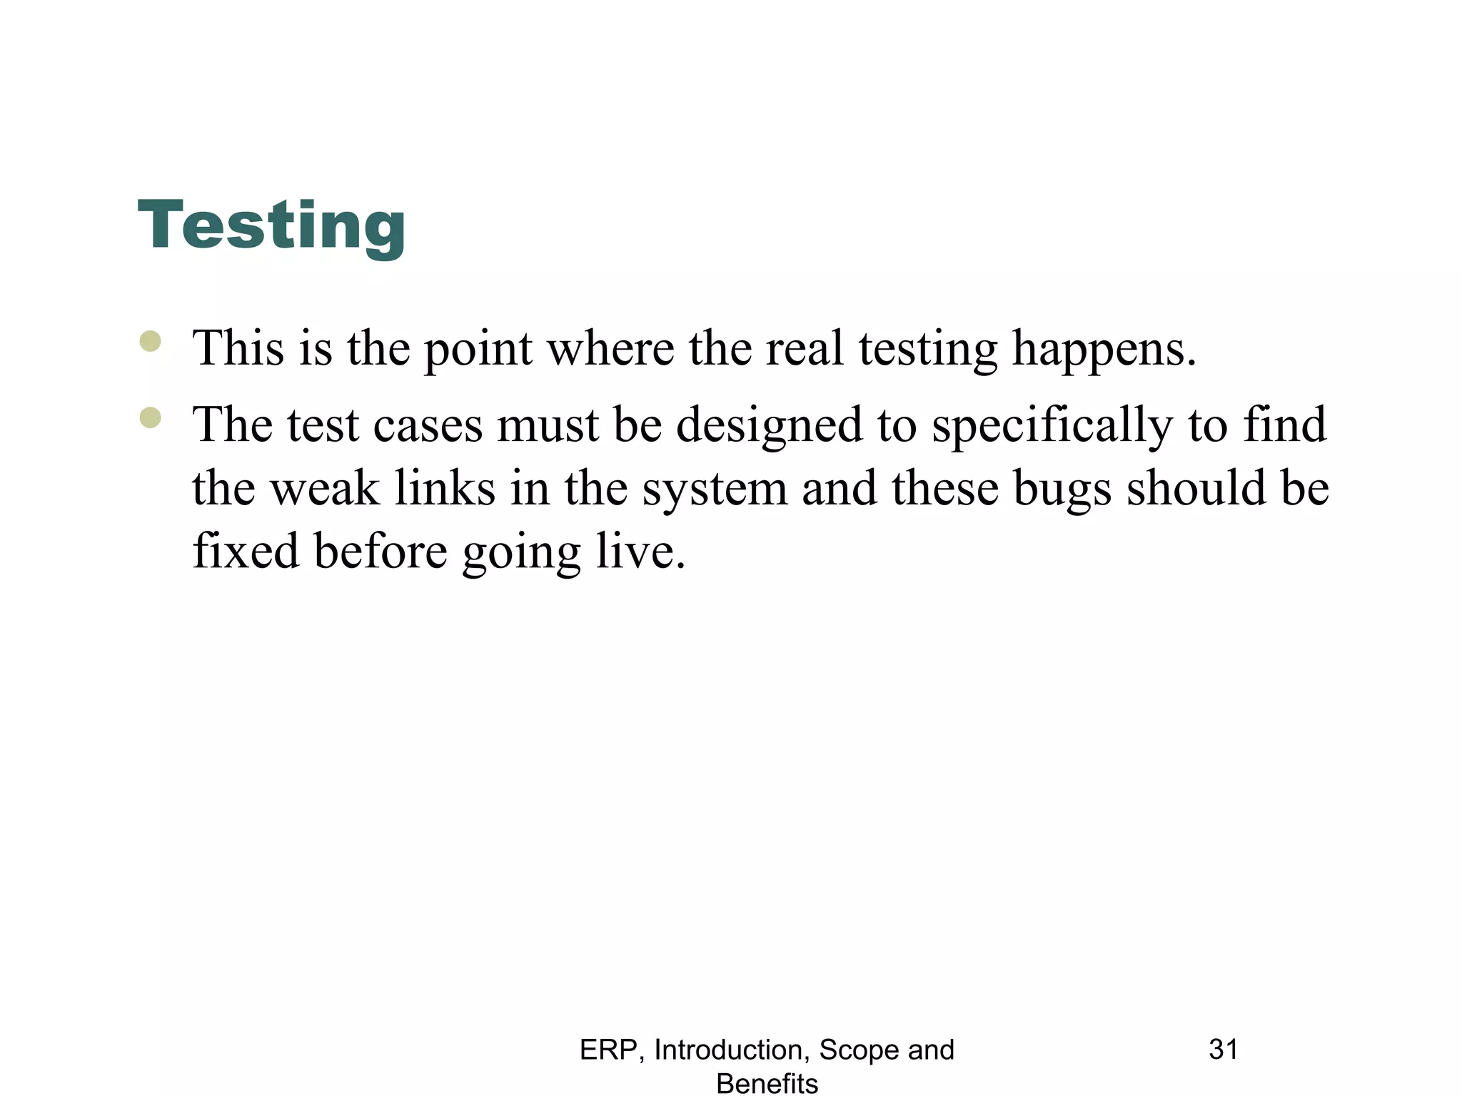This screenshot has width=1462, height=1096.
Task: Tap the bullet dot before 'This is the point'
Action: (x=151, y=341)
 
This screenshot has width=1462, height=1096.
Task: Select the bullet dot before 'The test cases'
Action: (x=151, y=417)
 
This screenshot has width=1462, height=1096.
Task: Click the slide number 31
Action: (x=1223, y=1050)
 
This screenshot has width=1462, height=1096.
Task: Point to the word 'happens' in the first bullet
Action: (x=1104, y=350)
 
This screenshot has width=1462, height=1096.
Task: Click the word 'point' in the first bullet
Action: (x=478, y=350)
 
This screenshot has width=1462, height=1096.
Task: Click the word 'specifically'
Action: (x=1052, y=426)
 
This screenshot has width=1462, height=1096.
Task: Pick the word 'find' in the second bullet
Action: (x=1285, y=425)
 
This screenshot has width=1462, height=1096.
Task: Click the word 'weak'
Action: (x=325, y=489)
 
